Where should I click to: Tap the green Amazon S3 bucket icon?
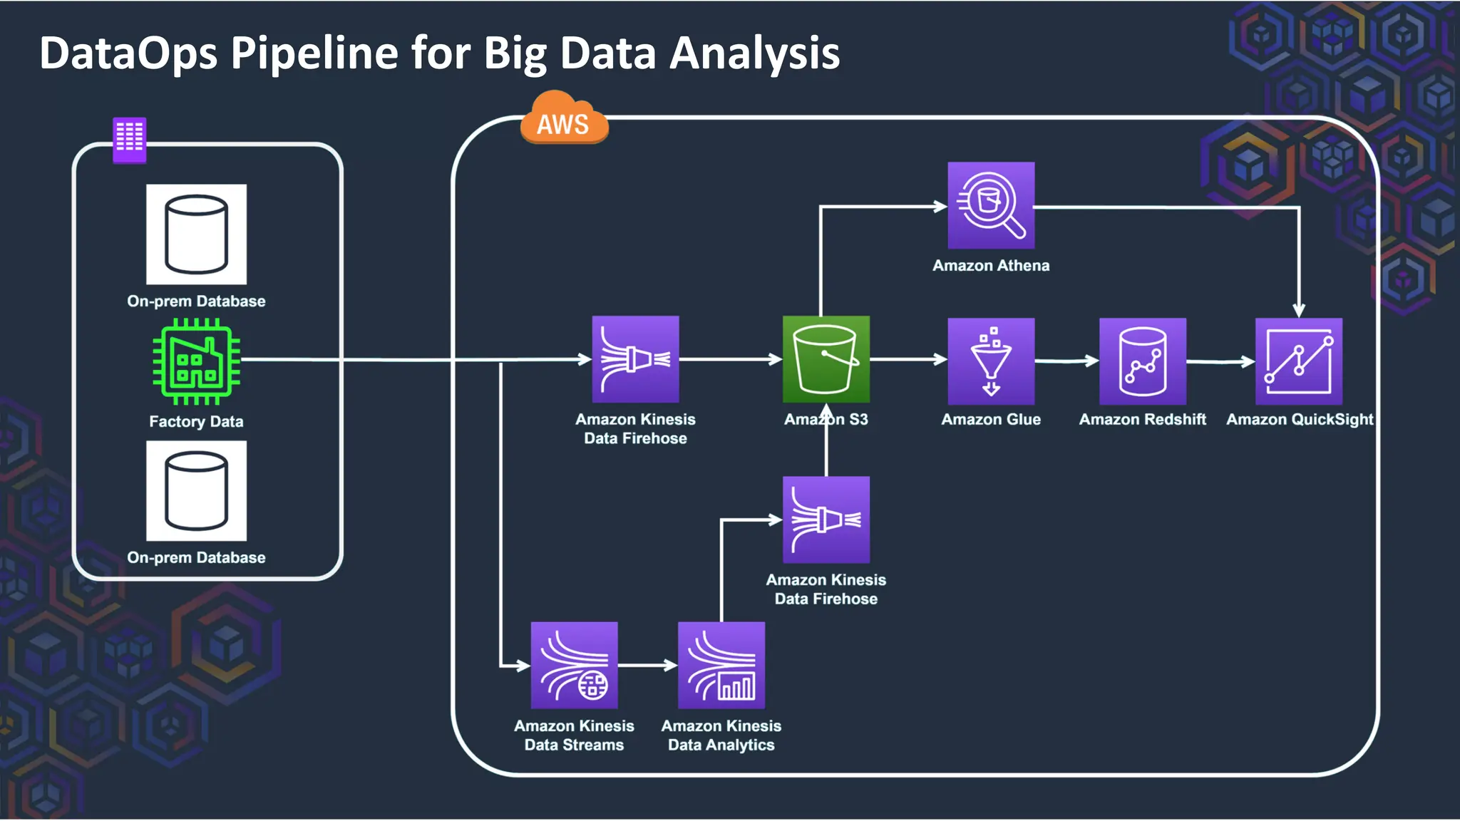[826, 359]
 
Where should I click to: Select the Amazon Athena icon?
[991, 205]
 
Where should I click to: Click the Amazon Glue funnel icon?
[991, 361]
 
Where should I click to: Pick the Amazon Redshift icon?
[1142, 361]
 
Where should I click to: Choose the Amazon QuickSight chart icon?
[1298, 361]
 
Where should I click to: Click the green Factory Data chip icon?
[196, 361]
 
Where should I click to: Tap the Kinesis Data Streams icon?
[574, 665]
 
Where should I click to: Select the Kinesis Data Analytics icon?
[721, 665]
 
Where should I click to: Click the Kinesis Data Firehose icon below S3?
[826, 520]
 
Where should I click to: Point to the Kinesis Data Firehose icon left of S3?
[635, 359]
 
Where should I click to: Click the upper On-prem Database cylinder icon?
[196, 234]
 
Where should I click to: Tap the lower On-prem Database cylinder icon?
[196, 491]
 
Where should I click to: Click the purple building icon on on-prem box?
[130, 139]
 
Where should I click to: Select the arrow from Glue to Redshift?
[1066, 361]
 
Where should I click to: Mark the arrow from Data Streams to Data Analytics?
[647, 666]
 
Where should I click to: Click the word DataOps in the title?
[128, 53]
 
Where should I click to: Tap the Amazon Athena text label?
[991, 266]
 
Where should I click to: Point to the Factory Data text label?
[196, 422]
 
